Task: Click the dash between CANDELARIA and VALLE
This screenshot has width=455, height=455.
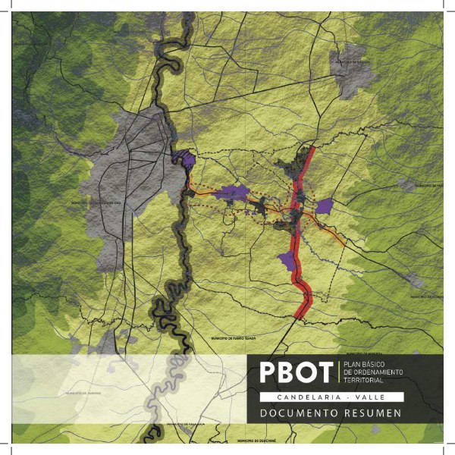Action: [x=347, y=397]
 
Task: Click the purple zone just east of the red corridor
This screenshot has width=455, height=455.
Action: [x=325, y=206]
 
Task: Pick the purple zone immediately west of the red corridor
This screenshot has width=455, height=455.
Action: [x=286, y=261]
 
